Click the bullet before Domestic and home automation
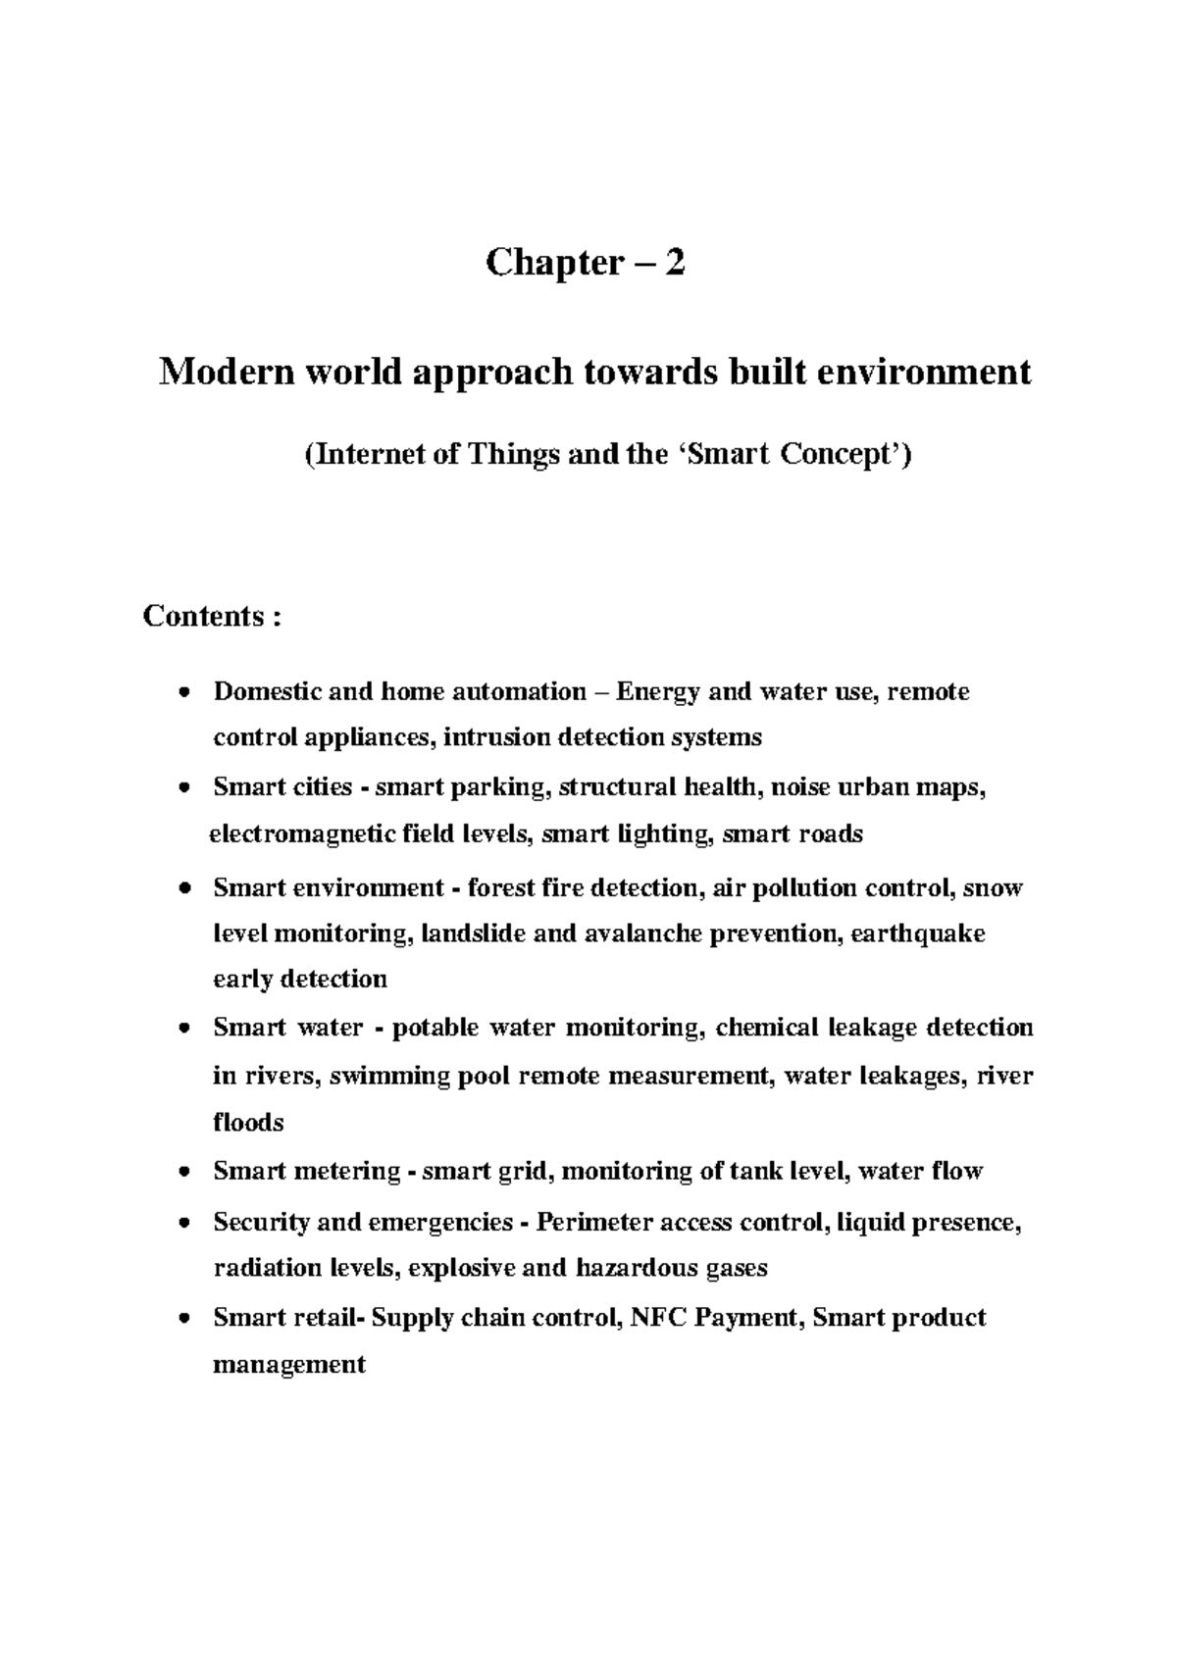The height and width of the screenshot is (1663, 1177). (184, 694)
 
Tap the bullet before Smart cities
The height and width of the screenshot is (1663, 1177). (184, 789)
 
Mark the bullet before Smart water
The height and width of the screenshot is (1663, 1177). (184, 1030)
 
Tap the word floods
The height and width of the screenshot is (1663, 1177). (248, 1122)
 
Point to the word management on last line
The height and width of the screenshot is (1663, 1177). (288, 1364)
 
